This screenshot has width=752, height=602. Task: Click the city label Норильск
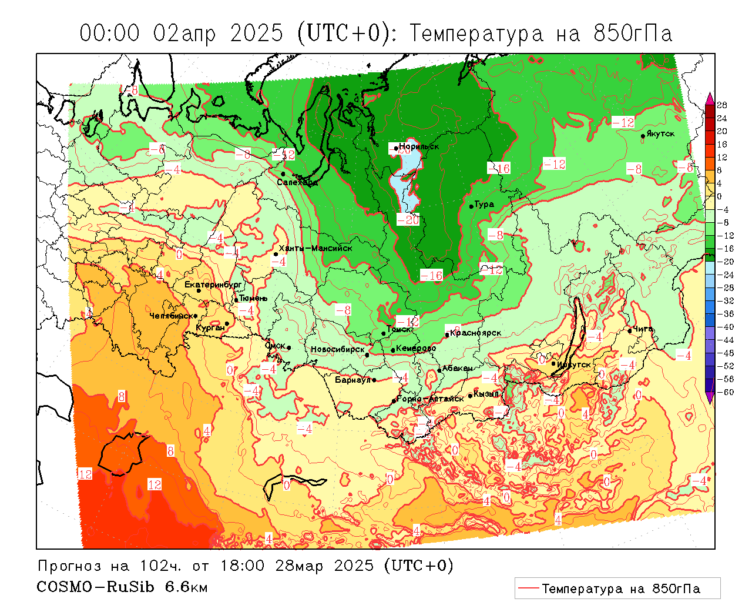click(x=419, y=146)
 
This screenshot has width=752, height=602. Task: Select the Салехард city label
click(x=297, y=183)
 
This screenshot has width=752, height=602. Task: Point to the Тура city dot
click(x=471, y=206)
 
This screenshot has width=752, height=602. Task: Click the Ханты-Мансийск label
click(x=315, y=248)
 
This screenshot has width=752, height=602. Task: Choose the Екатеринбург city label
click(x=213, y=285)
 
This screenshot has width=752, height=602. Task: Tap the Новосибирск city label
click(x=337, y=349)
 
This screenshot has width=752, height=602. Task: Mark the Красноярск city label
click(x=476, y=333)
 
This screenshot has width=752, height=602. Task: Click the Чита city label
click(x=643, y=329)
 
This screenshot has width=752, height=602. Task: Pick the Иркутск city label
click(x=574, y=364)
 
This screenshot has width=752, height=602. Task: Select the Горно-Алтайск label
click(x=430, y=399)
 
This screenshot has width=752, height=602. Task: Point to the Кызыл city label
click(x=486, y=393)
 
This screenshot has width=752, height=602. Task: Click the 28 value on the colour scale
click(x=722, y=105)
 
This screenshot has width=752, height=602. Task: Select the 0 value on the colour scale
click(x=720, y=196)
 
